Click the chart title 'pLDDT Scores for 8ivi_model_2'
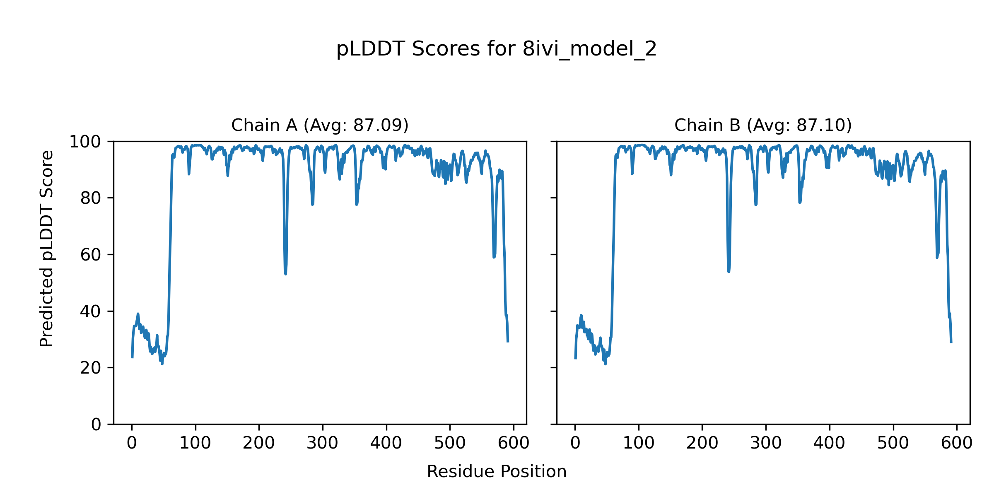point(496,49)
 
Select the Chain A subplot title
point(320,125)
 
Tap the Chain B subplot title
point(763,125)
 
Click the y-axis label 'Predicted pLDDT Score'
point(47,248)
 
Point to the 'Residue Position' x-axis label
point(496,472)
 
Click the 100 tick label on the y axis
point(85,142)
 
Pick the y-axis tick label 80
point(90,198)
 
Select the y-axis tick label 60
point(90,255)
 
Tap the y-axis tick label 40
point(90,311)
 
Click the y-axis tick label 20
point(90,368)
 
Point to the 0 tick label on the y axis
point(96,425)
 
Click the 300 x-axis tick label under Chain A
point(322,444)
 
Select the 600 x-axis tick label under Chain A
point(513,444)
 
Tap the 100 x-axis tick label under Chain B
point(639,444)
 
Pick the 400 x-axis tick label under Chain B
point(829,444)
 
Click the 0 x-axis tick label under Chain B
point(575,444)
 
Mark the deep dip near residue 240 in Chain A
point(285,273)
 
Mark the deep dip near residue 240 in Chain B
point(729,271)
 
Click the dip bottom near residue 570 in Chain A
point(494,257)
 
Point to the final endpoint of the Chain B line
point(951,342)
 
